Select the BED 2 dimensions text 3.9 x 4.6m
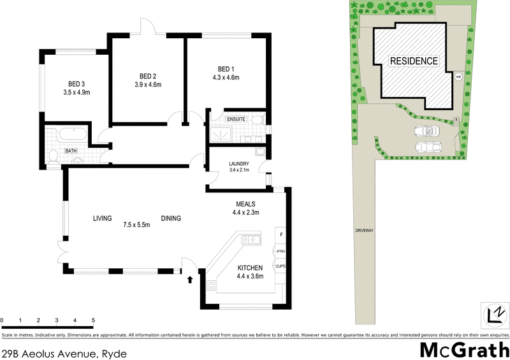(x=147, y=84)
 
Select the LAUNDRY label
(x=238, y=164)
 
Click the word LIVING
(x=102, y=219)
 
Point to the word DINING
(x=171, y=219)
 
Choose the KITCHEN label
(x=250, y=268)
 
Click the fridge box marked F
(x=280, y=235)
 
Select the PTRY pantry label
(x=280, y=252)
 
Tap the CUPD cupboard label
(x=280, y=266)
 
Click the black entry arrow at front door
(x=189, y=278)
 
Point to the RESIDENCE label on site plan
(x=414, y=61)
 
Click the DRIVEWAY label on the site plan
(x=364, y=230)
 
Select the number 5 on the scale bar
(x=93, y=320)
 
